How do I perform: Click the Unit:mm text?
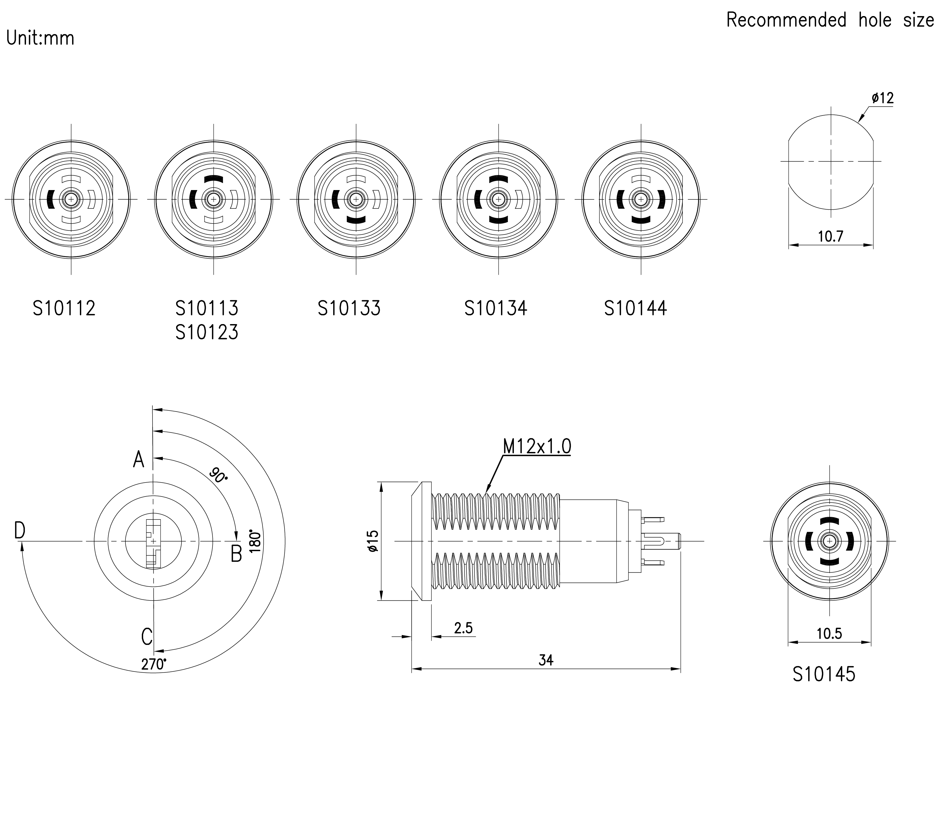(40, 38)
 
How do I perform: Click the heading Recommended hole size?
(830, 20)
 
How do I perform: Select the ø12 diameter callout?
(882, 98)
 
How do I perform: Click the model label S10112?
(64, 308)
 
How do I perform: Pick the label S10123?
(207, 332)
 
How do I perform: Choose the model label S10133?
(349, 308)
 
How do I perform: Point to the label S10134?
(496, 308)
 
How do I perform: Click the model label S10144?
(635, 308)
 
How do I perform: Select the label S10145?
(824, 674)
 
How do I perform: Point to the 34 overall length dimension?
(546, 660)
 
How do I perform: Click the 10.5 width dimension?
(829, 633)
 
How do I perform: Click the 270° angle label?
(154, 664)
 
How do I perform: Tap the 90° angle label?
(218, 475)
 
